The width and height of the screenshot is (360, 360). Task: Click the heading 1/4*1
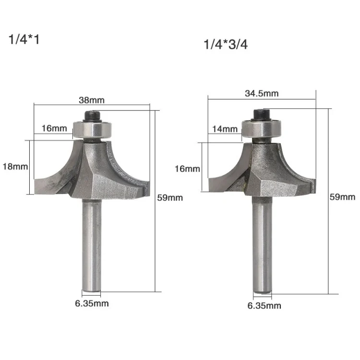tap(24, 39)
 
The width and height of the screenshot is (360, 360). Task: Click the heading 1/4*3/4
tap(226, 44)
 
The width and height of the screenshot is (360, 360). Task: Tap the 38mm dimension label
tap(92, 100)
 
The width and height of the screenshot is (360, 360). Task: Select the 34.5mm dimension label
tap(262, 94)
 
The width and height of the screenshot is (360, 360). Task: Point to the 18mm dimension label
tap(15, 167)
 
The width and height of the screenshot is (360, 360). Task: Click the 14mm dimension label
tap(225, 129)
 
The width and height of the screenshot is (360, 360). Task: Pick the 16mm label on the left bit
tap(54, 128)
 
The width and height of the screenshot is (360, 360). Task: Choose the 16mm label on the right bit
tap(187, 169)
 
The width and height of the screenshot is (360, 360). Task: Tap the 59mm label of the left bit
tap(170, 198)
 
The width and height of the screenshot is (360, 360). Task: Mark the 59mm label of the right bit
tap(343, 197)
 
